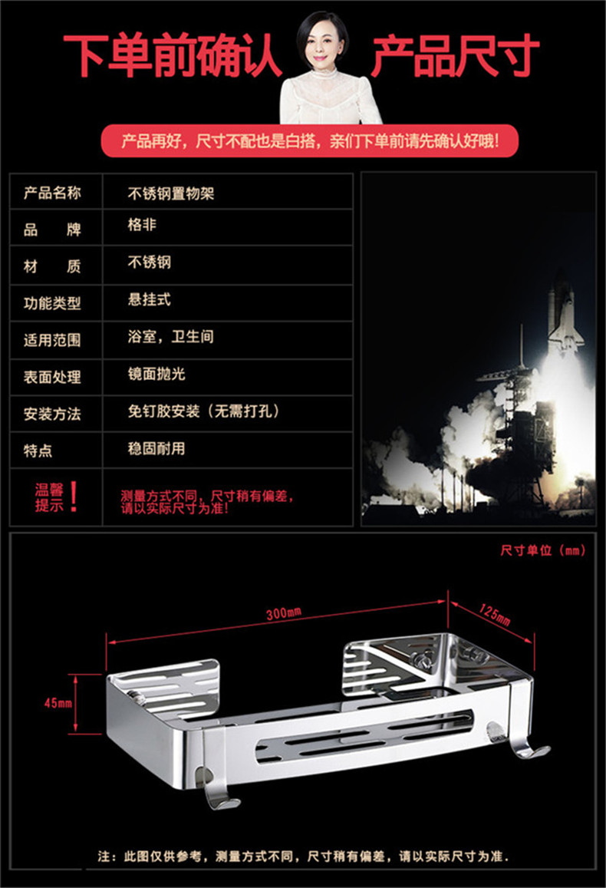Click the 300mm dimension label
(x=284, y=612)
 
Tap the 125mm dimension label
(x=495, y=614)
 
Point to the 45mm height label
(x=58, y=702)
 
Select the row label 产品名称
(x=52, y=193)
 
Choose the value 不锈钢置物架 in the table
(x=170, y=193)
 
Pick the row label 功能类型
(x=52, y=302)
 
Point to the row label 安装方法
(x=52, y=414)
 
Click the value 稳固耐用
(x=156, y=448)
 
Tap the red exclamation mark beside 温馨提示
(x=74, y=497)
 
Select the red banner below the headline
(x=310, y=141)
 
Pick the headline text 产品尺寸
(x=455, y=55)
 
